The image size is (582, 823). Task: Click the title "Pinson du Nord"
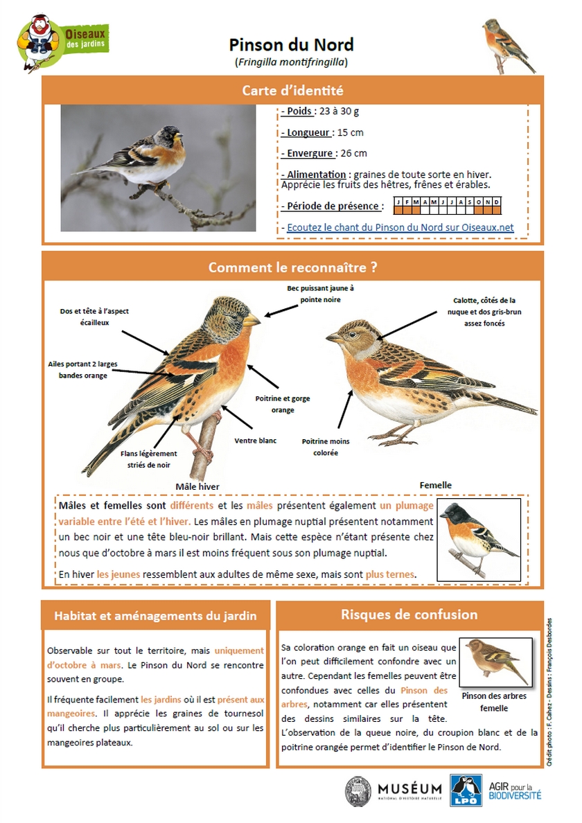291,46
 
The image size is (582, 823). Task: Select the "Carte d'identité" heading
292,91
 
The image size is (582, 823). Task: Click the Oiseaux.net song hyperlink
400,227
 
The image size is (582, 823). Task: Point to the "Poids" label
298,112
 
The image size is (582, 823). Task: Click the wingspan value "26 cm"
353,153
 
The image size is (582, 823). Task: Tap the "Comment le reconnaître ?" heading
292,267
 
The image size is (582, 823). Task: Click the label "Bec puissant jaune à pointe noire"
320,294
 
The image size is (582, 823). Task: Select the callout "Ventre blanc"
256,441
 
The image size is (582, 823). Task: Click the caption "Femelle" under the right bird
435,485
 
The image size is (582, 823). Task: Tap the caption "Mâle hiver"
197,486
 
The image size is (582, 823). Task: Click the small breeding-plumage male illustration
479,538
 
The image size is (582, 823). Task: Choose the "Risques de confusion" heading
409,614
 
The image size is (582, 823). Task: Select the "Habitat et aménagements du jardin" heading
155,615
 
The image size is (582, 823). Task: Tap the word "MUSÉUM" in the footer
409,788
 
